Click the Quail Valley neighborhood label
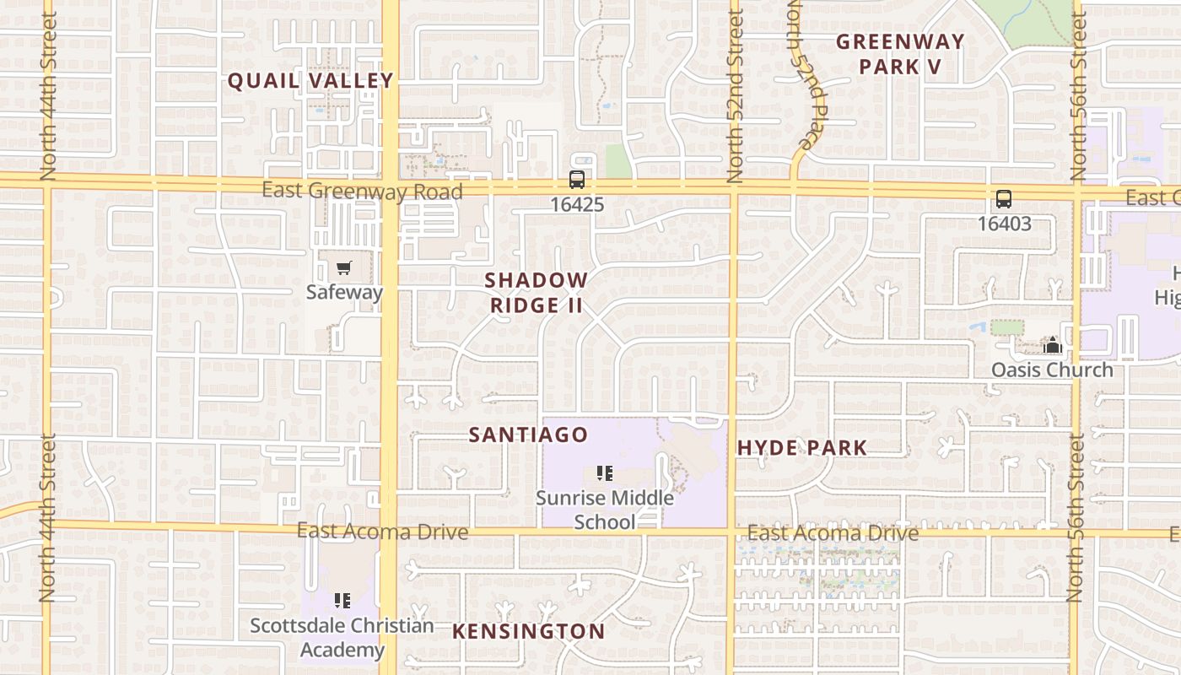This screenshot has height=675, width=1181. [310, 81]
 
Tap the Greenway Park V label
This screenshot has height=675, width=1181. [900, 54]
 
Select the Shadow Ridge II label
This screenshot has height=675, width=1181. [536, 292]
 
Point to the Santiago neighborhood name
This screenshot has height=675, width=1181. [528, 435]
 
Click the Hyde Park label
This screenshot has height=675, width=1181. [801, 448]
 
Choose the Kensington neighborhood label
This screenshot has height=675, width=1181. [528, 631]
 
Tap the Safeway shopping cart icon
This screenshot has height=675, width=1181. [343, 268]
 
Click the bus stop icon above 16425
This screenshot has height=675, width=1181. [577, 180]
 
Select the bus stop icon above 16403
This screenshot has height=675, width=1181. [1004, 200]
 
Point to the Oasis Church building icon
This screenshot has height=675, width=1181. [1052, 345]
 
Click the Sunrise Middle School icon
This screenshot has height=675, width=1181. [604, 473]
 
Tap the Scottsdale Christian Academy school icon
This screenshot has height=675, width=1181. [342, 601]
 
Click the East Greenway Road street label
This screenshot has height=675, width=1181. [362, 191]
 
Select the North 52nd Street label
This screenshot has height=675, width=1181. [735, 97]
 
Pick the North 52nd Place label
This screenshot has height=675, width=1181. [805, 76]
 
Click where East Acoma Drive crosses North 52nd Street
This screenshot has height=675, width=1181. [731, 532]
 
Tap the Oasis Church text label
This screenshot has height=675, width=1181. [1052, 370]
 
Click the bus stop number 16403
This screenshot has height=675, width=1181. [1004, 224]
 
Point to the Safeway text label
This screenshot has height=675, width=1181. [344, 292]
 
